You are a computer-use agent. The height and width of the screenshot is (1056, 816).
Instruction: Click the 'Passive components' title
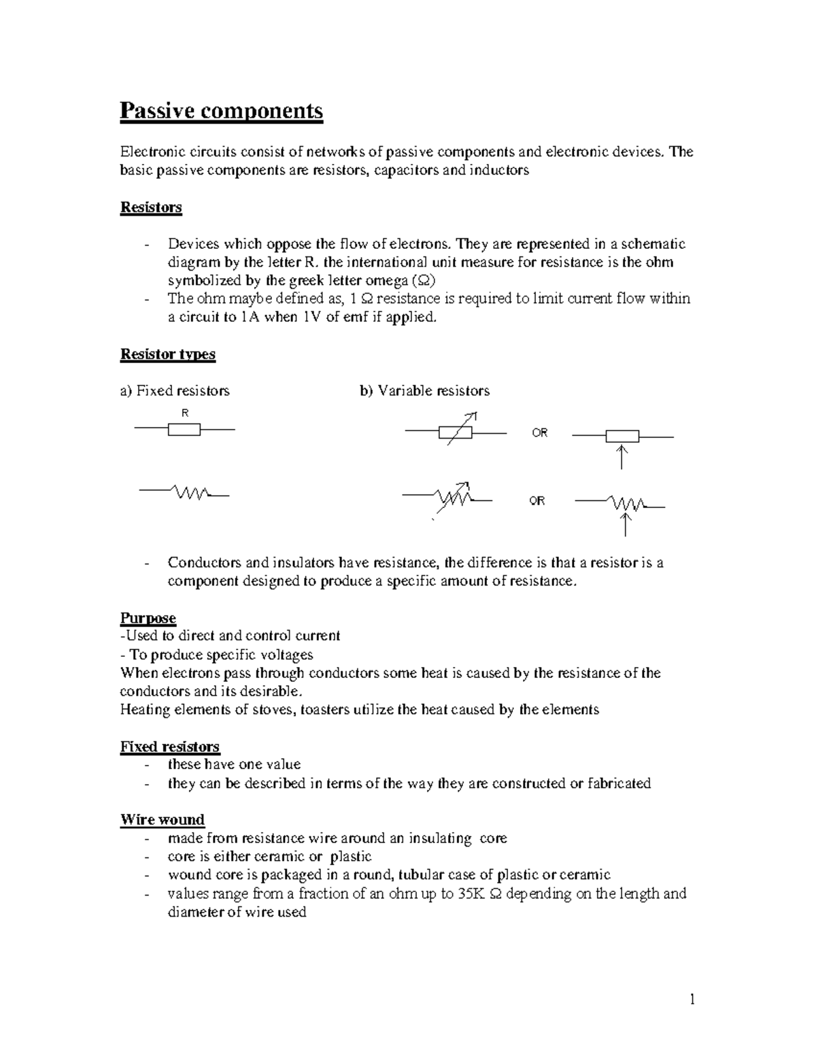(221, 111)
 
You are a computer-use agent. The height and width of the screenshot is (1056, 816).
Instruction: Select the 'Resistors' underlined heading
(151, 207)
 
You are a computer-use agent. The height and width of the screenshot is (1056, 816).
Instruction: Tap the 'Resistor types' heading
(167, 354)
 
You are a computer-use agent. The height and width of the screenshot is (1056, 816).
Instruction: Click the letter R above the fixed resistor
(184, 413)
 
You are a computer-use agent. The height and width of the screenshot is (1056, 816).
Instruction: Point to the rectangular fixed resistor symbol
(184, 429)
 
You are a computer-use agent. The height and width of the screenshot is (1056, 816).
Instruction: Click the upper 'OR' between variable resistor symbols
(539, 433)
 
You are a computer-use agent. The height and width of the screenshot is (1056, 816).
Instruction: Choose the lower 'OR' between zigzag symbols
(537, 501)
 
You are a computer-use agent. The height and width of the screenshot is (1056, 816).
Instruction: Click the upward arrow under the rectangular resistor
(622, 457)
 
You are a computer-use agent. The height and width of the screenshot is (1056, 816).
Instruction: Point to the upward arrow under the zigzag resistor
(626, 524)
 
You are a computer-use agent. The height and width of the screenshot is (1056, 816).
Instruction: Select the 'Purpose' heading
(148, 618)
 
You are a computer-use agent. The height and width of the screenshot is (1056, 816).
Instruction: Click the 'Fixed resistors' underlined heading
(169, 747)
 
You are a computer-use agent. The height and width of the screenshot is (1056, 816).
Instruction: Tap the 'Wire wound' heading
(163, 820)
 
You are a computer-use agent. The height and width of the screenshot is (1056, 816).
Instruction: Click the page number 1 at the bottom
(692, 1000)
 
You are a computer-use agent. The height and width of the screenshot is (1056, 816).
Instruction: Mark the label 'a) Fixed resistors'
(175, 391)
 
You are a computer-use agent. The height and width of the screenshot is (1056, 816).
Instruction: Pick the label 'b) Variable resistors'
(424, 391)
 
